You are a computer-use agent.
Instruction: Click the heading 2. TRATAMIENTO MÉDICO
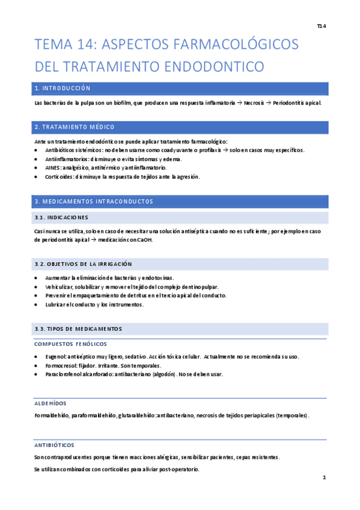pyautogui.click(x=75, y=127)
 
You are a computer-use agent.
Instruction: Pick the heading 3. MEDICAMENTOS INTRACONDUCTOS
pyautogui.click(x=94, y=201)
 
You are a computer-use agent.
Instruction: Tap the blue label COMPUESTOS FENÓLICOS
pyautogui.click(x=71, y=344)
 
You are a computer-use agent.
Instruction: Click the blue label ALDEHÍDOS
pyautogui.click(x=50, y=403)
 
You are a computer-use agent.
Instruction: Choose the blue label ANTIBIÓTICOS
pyautogui.click(x=54, y=445)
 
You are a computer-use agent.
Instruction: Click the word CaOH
pyautogui.click(x=145, y=240)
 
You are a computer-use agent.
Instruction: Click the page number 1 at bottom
pyautogui.click(x=324, y=478)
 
